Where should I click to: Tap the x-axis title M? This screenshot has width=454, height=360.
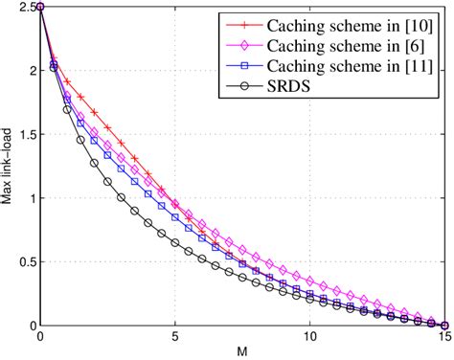tap(243, 352)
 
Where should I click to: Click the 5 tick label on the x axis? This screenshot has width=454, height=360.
tap(175, 338)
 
